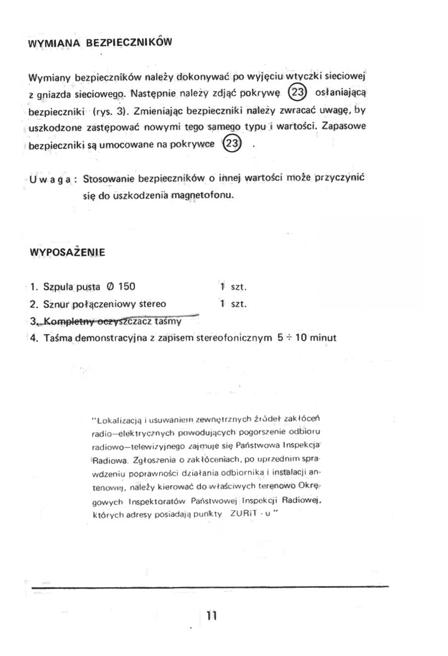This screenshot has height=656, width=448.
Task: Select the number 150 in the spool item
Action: [x=127, y=286]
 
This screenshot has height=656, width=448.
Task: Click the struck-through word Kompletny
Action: [x=66, y=321]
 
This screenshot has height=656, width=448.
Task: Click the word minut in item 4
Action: [x=323, y=338]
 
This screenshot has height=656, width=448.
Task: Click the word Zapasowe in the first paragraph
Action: [x=344, y=126]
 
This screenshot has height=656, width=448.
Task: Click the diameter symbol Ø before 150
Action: [x=111, y=286]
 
